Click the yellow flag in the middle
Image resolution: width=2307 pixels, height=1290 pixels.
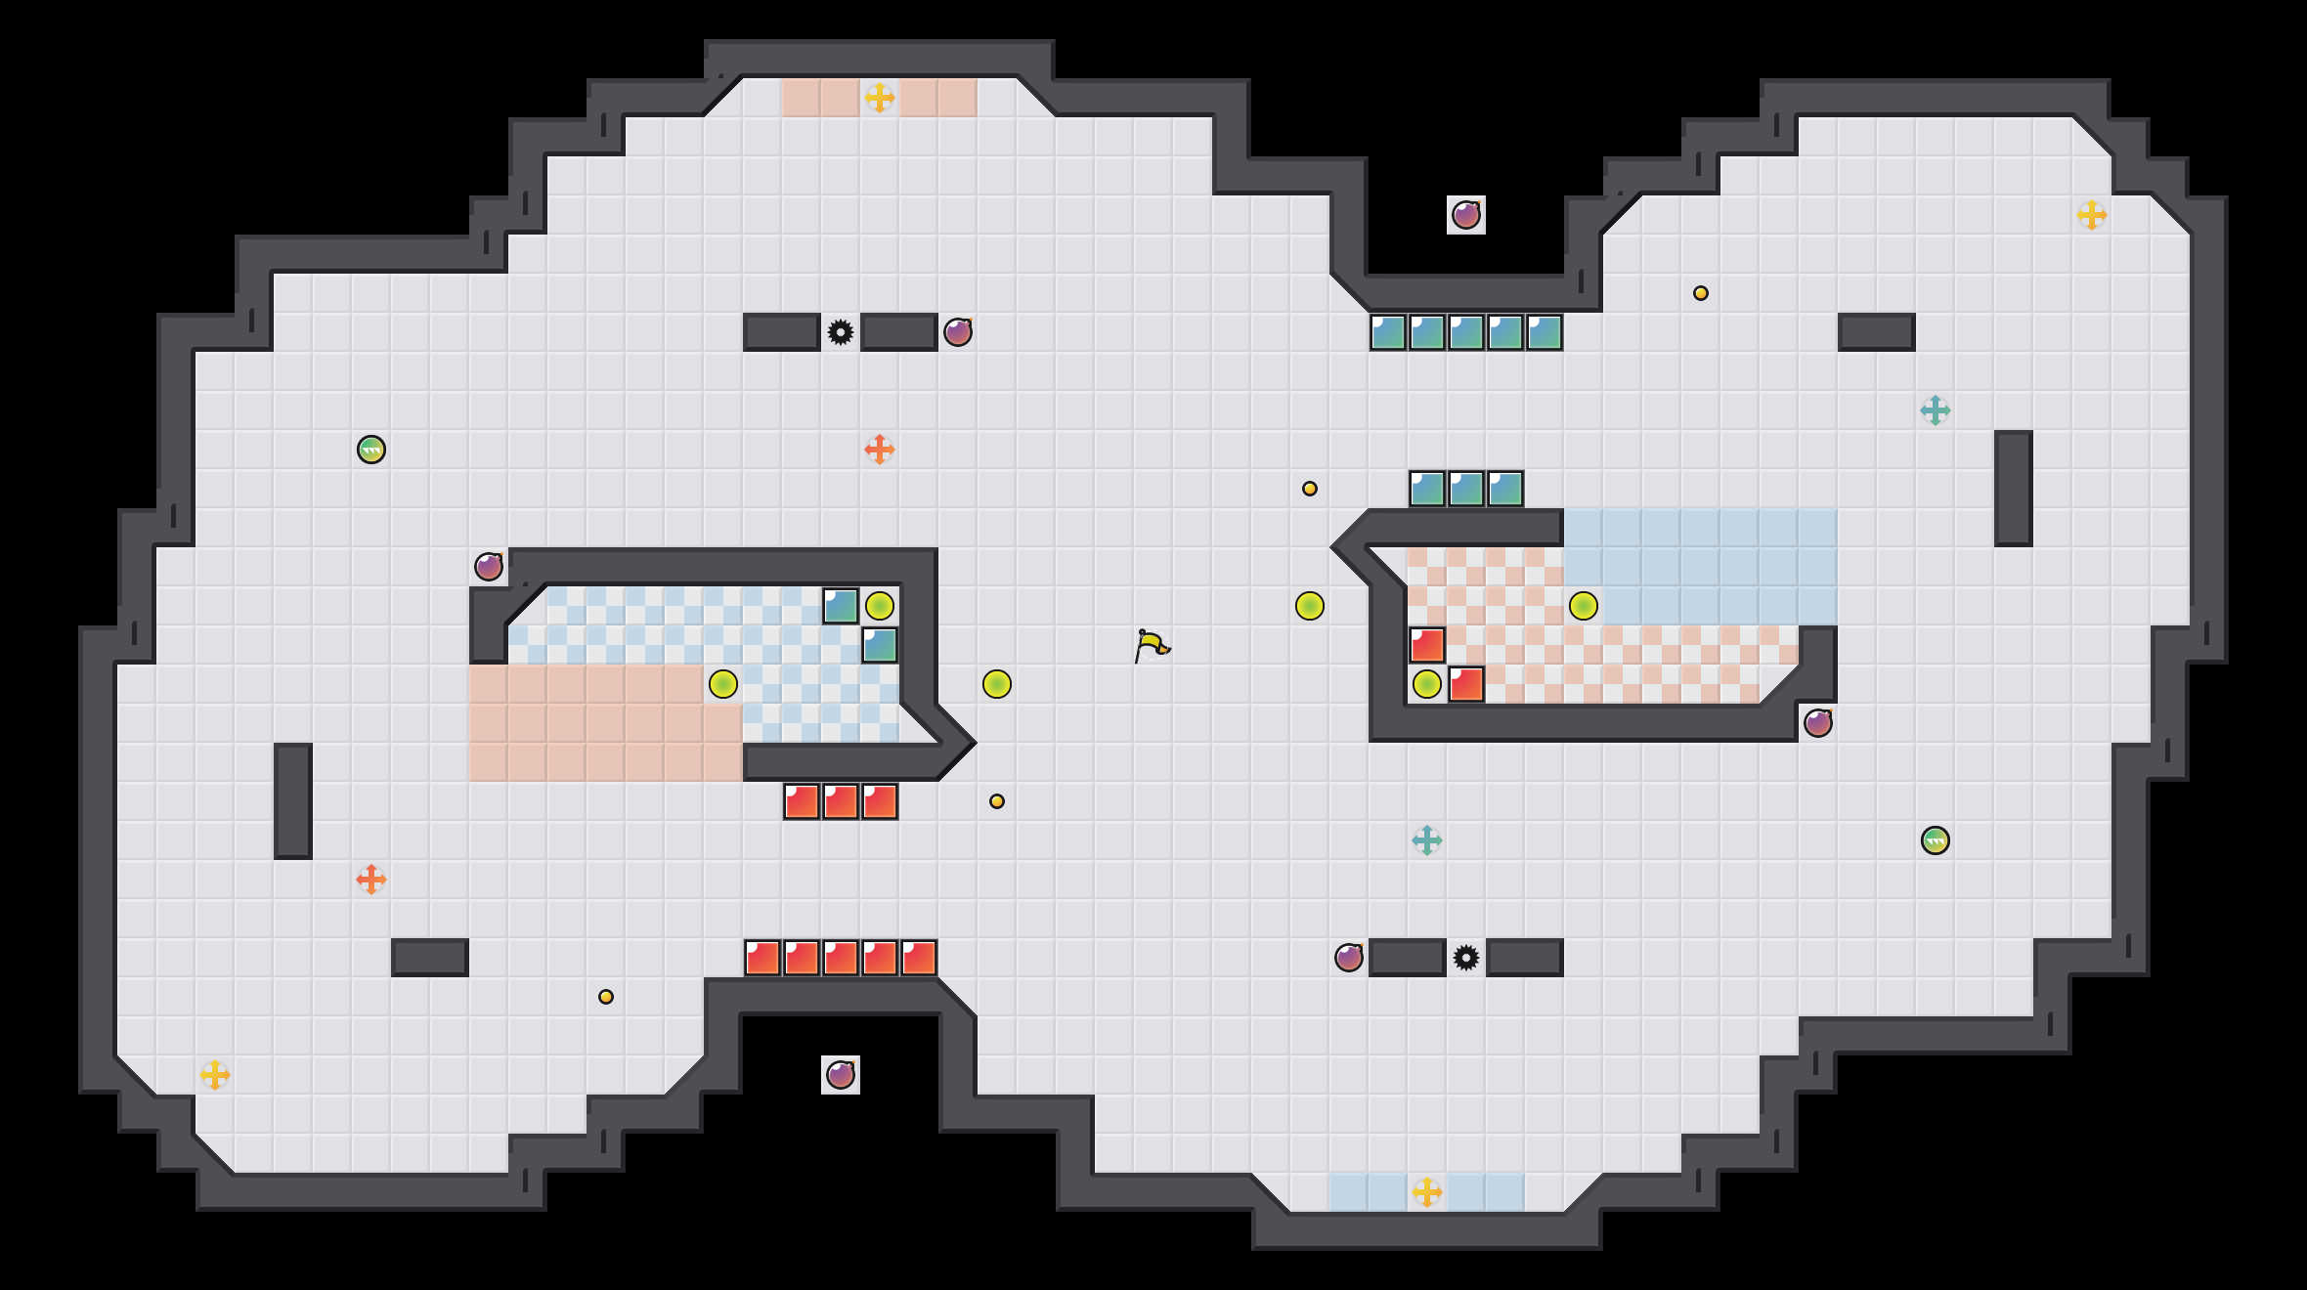pyautogui.click(x=1152, y=645)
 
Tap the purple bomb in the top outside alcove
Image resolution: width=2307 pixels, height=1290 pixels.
pyautogui.click(x=1465, y=215)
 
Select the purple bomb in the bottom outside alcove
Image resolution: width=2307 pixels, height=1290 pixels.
pyautogui.click(x=840, y=1075)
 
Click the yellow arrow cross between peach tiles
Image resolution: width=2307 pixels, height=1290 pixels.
pyautogui.click(x=879, y=98)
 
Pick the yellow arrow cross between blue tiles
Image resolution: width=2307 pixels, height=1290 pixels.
pyautogui.click(x=1426, y=1192)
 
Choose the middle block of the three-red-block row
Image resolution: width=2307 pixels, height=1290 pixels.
pyautogui.click(x=840, y=801)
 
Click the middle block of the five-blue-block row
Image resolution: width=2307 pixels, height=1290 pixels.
pyautogui.click(x=1465, y=332)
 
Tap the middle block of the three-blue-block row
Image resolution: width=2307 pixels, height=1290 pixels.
pyautogui.click(x=1465, y=489)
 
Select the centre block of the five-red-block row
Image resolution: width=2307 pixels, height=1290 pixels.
pyautogui.click(x=840, y=958)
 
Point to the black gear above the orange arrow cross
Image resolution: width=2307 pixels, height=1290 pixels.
pyautogui.click(x=840, y=332)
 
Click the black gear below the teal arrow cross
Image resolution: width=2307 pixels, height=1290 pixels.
pyautogui.click(x=1465, y=958)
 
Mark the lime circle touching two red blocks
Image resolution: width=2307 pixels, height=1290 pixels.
pyautogui.click(x=1426, y=684)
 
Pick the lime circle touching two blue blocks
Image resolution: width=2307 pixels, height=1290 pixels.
pyautogui.click(x=879, y=606)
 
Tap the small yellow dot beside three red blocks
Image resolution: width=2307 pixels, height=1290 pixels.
pyautogui.click(x=996, y=801)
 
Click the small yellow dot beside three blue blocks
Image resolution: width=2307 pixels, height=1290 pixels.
pyautogui.click(x=1309, y=489)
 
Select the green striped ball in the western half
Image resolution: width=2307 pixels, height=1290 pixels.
pyautogui.click(x=370, y=450)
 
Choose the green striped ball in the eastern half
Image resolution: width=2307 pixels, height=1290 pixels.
pyautogui.click(x=1935, y=840)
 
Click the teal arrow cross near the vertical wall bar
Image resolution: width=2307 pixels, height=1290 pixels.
pyautogui.click(x=1935, y=410)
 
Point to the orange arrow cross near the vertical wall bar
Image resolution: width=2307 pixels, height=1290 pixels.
pyautogui.click(x=370, y=880)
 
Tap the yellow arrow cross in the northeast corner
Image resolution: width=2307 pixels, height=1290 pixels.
pyautogui.click(x=2091, y=215)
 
